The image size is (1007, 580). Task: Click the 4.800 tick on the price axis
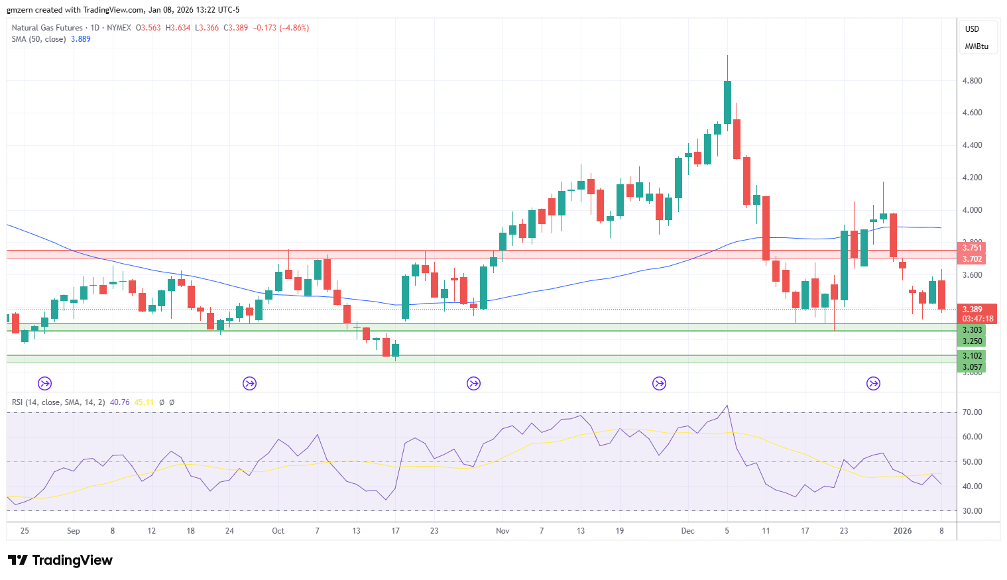click(x=972, y=81)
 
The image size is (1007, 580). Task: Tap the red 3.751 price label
click(x=972, y=248)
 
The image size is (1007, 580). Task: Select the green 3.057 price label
click(x=972, y=367)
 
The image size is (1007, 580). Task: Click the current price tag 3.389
click(x=972, y=310)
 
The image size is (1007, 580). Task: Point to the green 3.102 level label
click(x=972, y=356)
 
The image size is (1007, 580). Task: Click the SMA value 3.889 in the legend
click(x=80, y=39)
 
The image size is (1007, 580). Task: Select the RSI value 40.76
click(x=119, y=402)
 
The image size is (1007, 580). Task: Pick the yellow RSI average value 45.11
click(x=144, y=402)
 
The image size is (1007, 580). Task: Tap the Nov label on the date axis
click(x=503, y=531)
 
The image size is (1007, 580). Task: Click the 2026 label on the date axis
click(x=902, y=531)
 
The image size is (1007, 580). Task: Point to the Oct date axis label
click(x=278, y=531)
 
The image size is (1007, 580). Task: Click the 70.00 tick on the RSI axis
click(x=972, y=412)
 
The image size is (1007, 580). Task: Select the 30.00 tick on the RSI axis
click(x=972, y=511)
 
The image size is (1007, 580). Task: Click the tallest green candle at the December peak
click(x=727, y=102)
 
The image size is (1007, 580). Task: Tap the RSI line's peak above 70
click(x=727, y=406)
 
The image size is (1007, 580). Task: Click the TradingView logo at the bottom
click(x=60, y=560)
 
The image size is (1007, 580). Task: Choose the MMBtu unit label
click(x=977, y=46)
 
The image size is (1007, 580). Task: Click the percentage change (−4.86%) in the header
click(x=294, y=28)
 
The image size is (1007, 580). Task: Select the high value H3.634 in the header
click(x=178, y=28)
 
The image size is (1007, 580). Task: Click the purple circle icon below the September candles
click(x=44, y=384)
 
